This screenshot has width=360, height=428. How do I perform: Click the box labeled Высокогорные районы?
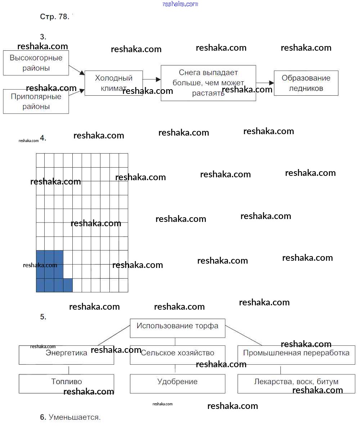(36, 63)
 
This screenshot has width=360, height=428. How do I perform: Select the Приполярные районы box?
(36, 102)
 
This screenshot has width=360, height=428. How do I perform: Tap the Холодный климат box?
(113, 83)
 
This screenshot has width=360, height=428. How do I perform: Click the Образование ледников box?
(306, 83)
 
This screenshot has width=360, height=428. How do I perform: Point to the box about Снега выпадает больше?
(208, 83)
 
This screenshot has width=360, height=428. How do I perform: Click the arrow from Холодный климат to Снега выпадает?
(152, 79)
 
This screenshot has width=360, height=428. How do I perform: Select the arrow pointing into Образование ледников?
(265, 83)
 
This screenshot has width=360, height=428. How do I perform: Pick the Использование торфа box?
(177, 328)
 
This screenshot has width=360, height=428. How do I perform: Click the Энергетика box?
(66, 355)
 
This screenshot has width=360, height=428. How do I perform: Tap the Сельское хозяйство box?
(177, 355)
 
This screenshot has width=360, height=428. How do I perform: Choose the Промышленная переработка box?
(296, 355)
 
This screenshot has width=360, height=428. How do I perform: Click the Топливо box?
(66, 383)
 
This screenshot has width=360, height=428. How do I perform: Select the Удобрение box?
(177, 383)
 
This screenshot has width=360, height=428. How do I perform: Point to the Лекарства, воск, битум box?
(296, 383)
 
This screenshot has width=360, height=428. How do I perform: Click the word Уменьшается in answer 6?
(75, 417)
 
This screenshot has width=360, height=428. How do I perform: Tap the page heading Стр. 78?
(54, 17)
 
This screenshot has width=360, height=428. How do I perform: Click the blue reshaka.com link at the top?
(180, 4)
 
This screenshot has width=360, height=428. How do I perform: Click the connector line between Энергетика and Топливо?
(69, 369)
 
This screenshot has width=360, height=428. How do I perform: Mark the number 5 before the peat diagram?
(43, 317)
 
